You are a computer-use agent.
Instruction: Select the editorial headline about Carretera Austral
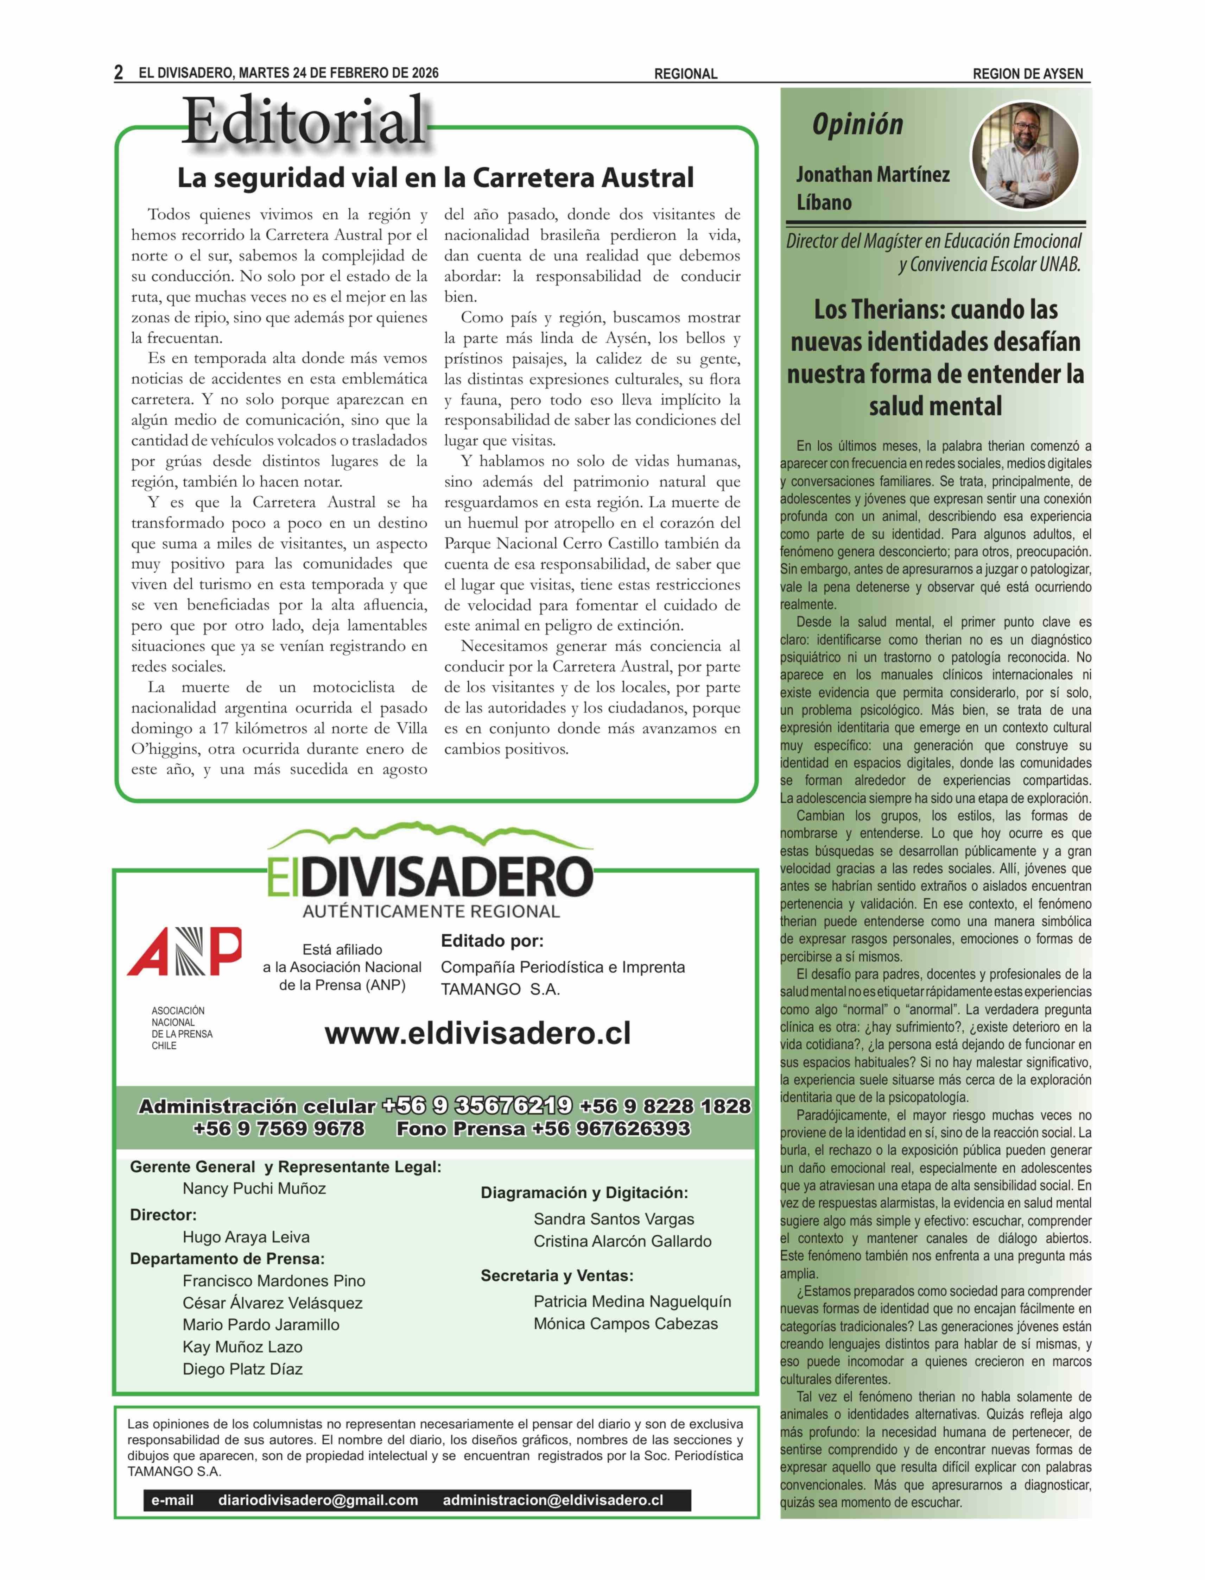click(x=435, y=177)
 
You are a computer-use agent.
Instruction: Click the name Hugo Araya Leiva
click(x=246, y=1237)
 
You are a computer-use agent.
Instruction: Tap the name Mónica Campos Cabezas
click(x=626, y=1324)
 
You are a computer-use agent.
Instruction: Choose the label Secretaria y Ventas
click(x=557, y=1276)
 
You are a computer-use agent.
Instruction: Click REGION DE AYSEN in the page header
click(x=1027, y=73)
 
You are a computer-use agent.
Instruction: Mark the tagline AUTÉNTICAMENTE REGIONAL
click(x=430, y=911)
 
